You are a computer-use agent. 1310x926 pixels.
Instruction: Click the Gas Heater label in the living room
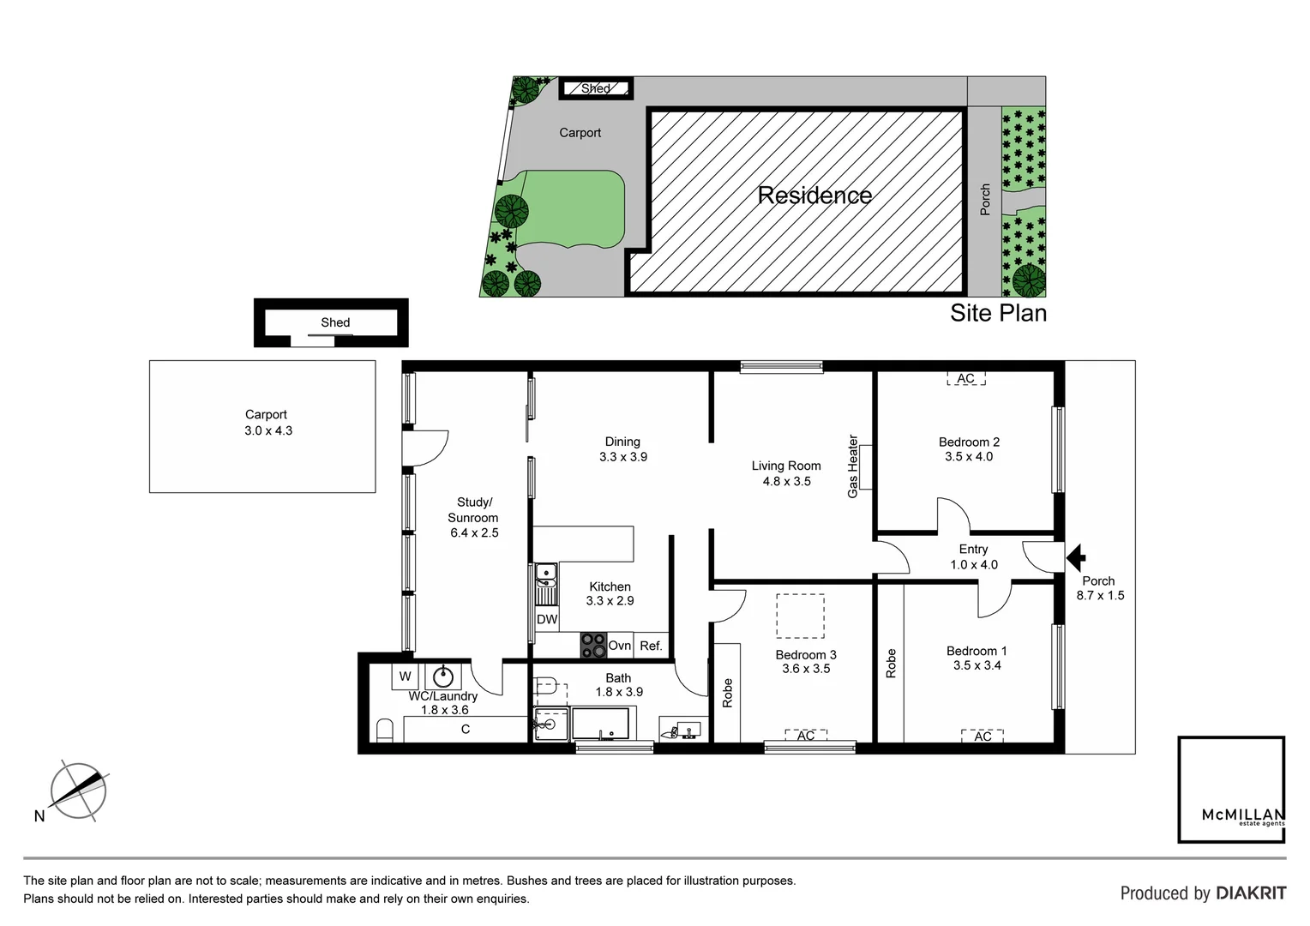(x=852, y=466)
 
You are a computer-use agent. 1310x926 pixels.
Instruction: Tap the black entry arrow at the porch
(x=1075, y=558)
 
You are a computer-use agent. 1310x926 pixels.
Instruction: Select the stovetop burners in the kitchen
(x=592, y=646)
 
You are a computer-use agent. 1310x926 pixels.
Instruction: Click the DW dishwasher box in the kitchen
(x=547, y=619)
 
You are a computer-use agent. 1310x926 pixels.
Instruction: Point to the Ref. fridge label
(x=651, y=646)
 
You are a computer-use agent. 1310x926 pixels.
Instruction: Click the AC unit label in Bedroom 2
(x=965, y=378)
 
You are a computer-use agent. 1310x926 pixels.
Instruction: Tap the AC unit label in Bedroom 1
(x=982, y=736)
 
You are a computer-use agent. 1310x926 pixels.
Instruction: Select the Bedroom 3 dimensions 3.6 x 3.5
(x=806, y=669)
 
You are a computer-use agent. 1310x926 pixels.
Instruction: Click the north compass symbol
(x=78, y=790)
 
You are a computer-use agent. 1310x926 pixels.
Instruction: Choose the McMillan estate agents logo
(x=1231, y=789)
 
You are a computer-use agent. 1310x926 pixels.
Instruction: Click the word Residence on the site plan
(x=814, y=195)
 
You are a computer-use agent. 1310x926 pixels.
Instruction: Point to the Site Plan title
(x=998, y=313)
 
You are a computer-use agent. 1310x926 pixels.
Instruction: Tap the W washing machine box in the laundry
(x=404, y=676)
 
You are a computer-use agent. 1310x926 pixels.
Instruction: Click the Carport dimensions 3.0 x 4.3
(x=267, y=430)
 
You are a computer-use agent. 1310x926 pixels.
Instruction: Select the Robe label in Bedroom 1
(x=891, y=663)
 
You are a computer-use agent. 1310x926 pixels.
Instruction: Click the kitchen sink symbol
(x=545, y=573)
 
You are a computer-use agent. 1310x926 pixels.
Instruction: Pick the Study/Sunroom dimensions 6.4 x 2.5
(x=474, y=532)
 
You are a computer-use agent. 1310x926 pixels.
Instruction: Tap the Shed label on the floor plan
(x=335, y=322)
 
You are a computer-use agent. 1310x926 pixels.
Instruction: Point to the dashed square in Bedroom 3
(x=800, y=616)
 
